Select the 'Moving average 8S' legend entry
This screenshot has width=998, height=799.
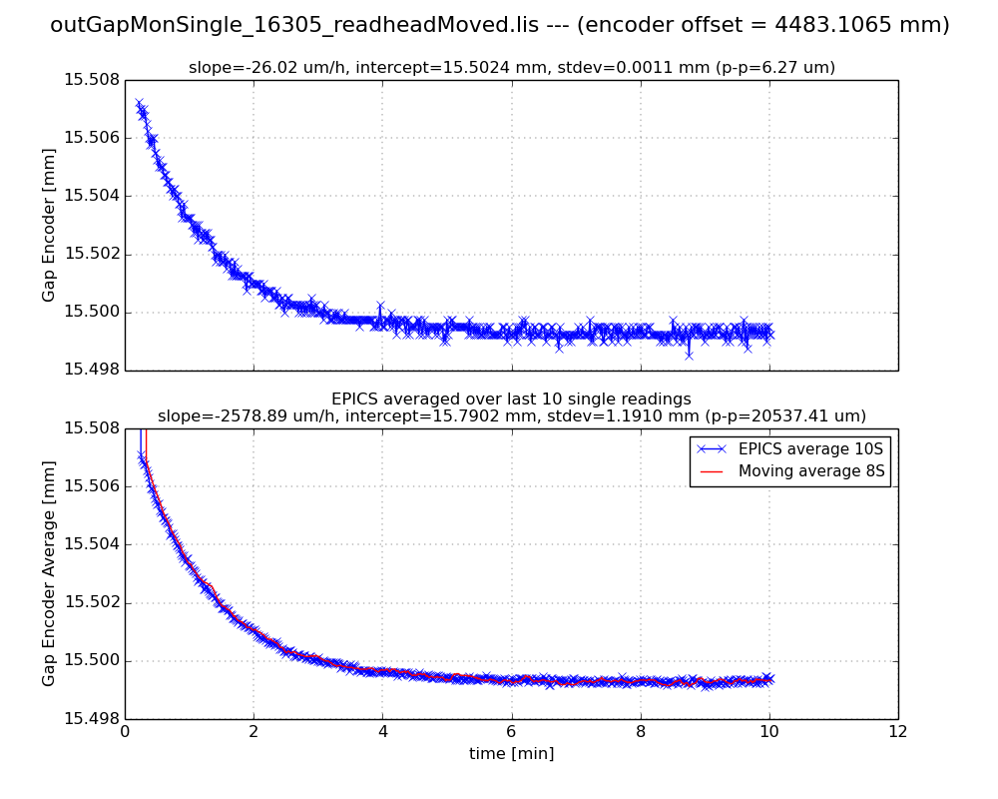pyautogui.click(x=811, y=470)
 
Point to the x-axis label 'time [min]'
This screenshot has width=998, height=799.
pyautogui.click(x=511, y=754)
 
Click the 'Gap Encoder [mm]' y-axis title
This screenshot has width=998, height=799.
pyautogui.click(x=49, y=225)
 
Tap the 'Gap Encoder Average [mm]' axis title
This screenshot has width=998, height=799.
pyautogui.click(x=49, y=573)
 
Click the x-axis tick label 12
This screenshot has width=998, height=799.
pyautogui.click(x=897, y=731)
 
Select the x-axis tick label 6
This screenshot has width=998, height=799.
pyautogui.click(x=511, y=731)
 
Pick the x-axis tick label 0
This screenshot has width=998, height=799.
pyautogui.click(x=125, y=731)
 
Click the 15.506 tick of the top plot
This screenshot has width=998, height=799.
pyautogui.click(x=91, y=138)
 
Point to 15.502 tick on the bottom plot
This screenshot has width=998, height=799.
pyautogui.click(x=91, y=602)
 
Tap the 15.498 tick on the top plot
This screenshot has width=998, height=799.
pyautogui.click(x=91, y=371)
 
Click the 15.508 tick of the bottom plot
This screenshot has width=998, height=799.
pyautogui.click(x=91, y=428)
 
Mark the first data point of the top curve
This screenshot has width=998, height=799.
pyautogui.click(x=139, y=103)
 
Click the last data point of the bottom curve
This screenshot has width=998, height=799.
pyautogui.click(x=768, y=678)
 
